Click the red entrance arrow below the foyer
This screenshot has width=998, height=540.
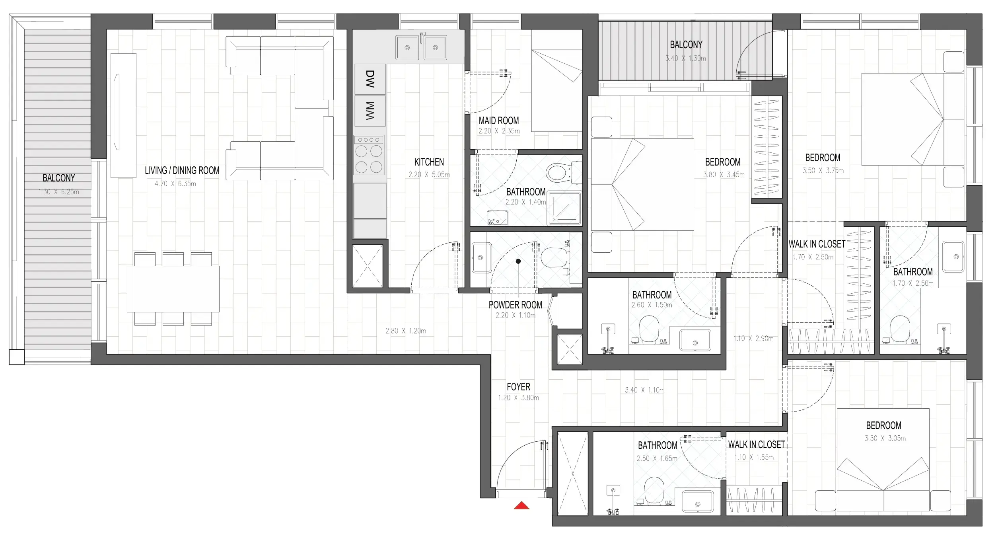pyautogui.click(x=521, y=506)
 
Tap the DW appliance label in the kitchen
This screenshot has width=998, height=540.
pyautogui.click(x=370, y=79)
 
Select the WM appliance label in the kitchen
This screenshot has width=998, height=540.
pyautogui.click(x=370, y=111)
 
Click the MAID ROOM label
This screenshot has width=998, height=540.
pyautogui.click(x=498, y=121)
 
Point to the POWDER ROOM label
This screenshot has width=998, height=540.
pyautogui.click(x=515, y=305)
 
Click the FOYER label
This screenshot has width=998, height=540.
pyautogui.click(x=518, y=387)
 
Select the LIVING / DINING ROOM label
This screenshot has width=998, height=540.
pyautogui.click(x=182, y=171)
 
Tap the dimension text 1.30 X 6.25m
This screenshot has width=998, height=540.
pyautogui.click(x=58, y=192)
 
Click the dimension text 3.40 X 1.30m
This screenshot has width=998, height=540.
pyautogui.click(x=686, y=58)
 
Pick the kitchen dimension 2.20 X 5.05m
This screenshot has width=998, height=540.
pyautogui.click(x=429, y=174)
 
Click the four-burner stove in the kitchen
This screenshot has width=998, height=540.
pyautogui.click(x=369, y=155)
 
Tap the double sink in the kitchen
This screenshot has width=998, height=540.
pyautogui.click(x=421, y=47)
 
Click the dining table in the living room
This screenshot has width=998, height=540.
pyautogui.click(x=173, y=289)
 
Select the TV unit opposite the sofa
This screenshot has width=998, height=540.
pyautogui.click(x=123, y=115)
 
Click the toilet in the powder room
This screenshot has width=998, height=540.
pyautogui.click(x=554, y=258)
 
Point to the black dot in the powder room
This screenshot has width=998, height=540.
pyautogui.click(x=518, y=261)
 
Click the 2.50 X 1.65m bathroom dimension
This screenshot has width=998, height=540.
pyautogui.click(x=657, y=458)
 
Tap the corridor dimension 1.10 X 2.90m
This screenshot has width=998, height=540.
pyautogui.click(x=753, y=339)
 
